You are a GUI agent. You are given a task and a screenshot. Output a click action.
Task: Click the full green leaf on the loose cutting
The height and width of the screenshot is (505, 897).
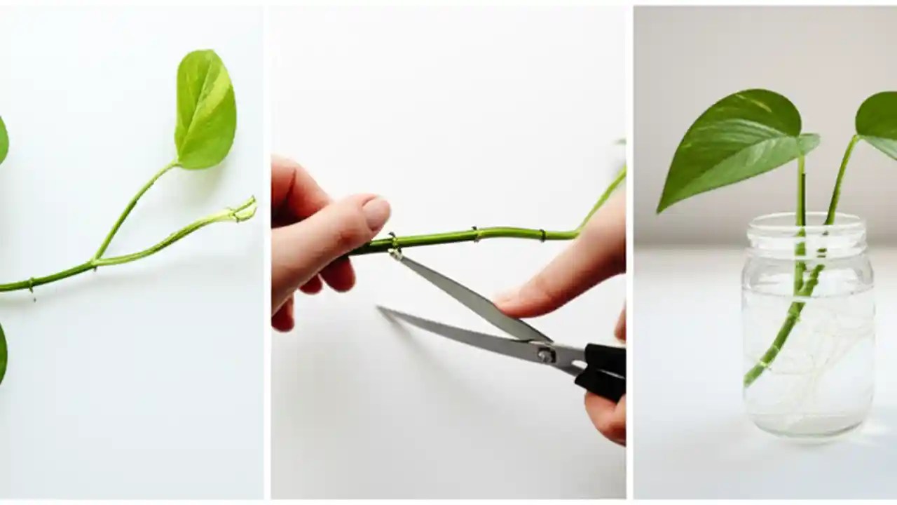[x=205, y=111]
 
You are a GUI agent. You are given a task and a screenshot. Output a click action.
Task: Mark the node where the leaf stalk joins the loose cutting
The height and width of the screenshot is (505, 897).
[x=96, y=262]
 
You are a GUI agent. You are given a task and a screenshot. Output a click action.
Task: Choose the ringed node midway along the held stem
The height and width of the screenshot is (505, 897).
[x=475, y=233]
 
